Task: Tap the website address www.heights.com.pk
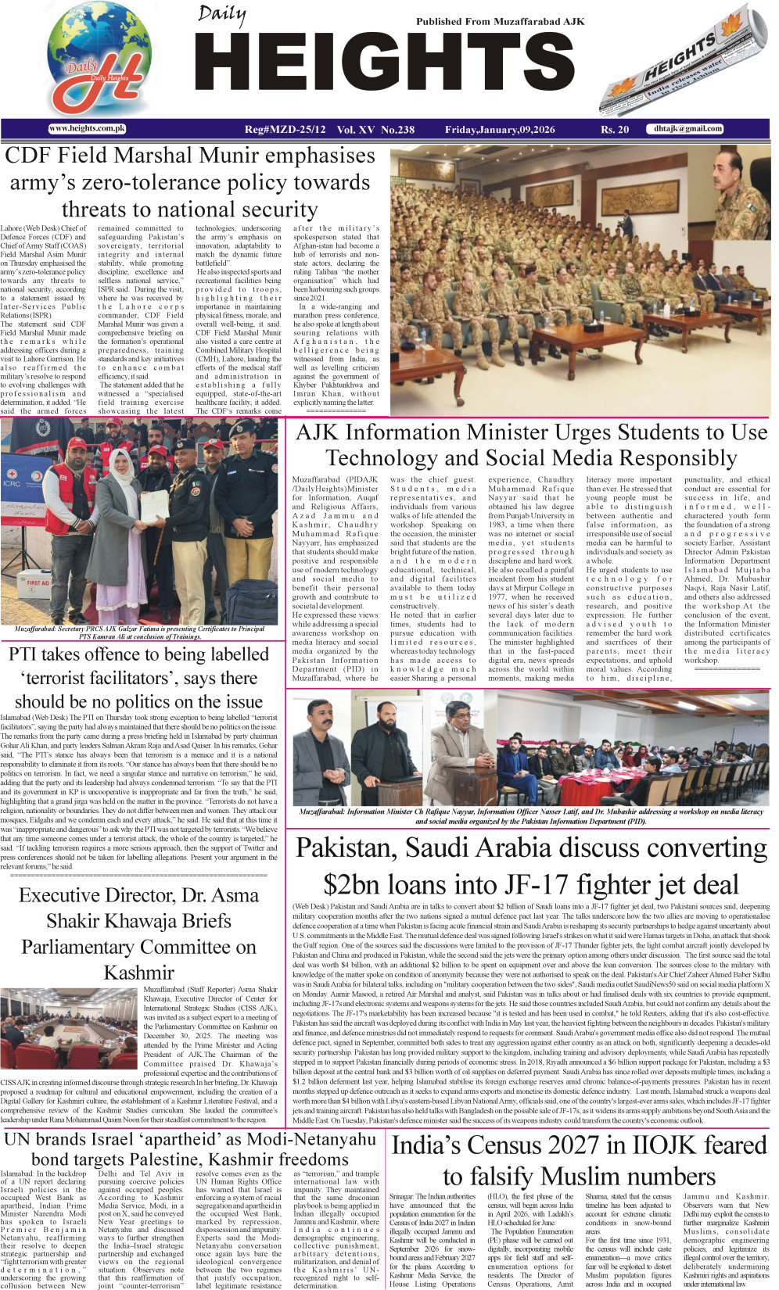tap(87, 128)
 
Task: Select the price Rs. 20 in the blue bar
tap(615, 130)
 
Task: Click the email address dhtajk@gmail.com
tap(688, 129)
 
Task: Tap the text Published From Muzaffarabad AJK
tap(500, 21)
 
